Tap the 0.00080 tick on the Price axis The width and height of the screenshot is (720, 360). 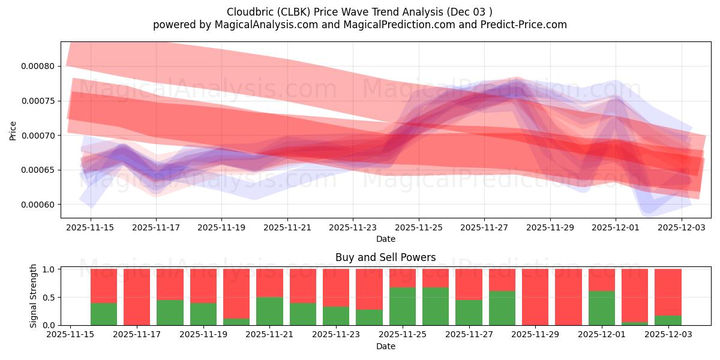(x=37, y=66)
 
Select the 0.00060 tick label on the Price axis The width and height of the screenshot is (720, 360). (x=37, y=205)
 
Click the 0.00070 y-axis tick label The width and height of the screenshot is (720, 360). (x=37, y=136)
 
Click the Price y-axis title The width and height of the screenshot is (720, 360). (x=13, y=130)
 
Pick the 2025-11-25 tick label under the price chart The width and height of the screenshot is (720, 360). (x=419, y=227)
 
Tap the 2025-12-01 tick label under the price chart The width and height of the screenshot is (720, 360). (x=616, y=227)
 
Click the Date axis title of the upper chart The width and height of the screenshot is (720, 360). (x=385, y=239)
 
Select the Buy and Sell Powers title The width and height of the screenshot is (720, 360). (x=385, y=257)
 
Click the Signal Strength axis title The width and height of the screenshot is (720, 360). (x=34, y=296)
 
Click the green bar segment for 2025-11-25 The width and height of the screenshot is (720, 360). (x=403, y=306)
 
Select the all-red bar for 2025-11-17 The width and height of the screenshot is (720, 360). (x=137, y=297)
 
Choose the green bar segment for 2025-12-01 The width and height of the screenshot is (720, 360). (x=602, y=308)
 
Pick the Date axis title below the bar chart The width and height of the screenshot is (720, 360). (x=385, y=346)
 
